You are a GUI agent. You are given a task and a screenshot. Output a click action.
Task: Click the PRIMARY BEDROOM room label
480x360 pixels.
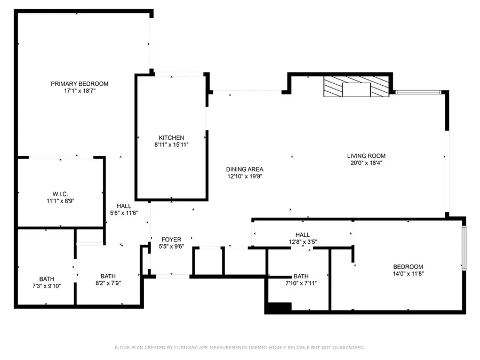click(x=79, y=84)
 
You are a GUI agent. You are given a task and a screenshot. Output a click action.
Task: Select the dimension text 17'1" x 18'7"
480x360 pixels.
click(x=79, y=91)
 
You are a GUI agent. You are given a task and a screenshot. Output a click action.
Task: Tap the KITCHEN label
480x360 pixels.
click(x=171, y=138)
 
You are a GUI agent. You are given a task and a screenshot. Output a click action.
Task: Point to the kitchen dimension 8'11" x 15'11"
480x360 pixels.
click(x=171, y=145)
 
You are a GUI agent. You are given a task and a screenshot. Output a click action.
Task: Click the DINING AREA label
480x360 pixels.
click(x=245, y=169)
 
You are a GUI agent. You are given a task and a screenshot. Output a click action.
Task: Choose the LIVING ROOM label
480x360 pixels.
click(x=366, y=156)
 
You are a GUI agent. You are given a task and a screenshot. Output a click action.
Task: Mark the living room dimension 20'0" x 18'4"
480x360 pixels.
click(x=366, y=163)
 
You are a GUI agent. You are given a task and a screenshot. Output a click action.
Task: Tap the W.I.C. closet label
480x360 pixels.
click(x=60, y=193)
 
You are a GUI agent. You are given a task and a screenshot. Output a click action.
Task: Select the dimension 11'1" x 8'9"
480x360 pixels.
click(x=60, y=201)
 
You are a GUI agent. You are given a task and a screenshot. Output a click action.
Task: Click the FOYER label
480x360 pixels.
click(x=171, y=239)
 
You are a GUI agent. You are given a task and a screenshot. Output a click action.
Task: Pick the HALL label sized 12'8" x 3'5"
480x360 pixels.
click(x=302, y=235)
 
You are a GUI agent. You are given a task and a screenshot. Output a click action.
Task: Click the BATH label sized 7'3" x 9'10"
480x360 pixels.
click(x=46, y=278)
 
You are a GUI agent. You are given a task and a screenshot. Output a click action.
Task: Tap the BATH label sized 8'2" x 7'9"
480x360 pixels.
click(x=108, y=276)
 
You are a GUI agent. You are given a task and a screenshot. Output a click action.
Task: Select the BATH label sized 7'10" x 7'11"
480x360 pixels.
click(x=301, y=276)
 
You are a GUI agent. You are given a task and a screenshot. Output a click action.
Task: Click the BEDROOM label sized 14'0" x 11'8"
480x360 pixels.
click(x=408, y=267)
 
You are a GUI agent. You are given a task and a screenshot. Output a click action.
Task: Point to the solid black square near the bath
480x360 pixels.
click(x=278, y=308)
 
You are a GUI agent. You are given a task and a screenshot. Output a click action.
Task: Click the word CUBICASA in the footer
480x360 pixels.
click(x=194, y=348)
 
